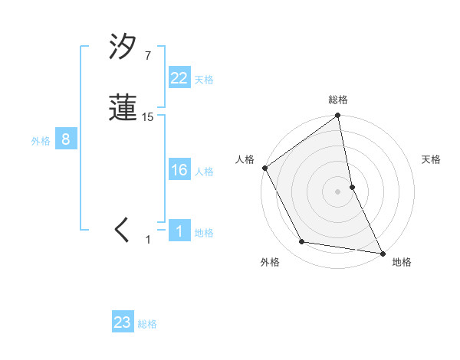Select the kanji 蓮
(123, 110)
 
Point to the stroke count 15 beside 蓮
(148, 117)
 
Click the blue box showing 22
(179, 78)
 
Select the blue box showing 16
(179, 170)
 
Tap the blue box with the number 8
(67, 139)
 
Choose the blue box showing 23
(123, 322)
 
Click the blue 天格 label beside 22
(204, 80)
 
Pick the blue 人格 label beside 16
(204, 172)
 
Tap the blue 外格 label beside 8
(41, 141)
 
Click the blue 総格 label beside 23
(147, 324)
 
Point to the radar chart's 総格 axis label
(338, 100)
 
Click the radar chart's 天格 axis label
(432, 159)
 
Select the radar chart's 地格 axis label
(402, 262)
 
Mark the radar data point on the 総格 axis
(338, 116)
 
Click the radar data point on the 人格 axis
(264, 168)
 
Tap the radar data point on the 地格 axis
(382, 252)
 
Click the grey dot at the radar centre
(338, 191)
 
